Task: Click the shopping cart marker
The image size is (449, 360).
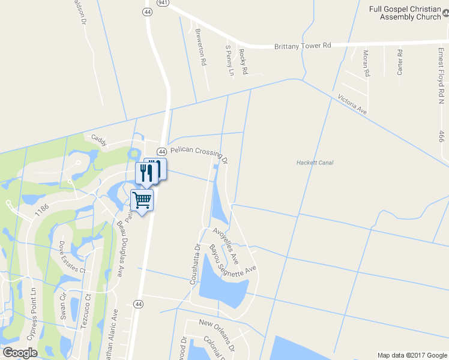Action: coord(142,200)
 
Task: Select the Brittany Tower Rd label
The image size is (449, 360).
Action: coord(303,46)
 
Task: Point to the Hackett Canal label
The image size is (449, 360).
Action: coord(315,163)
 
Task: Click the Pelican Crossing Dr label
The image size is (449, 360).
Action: coord(199,154)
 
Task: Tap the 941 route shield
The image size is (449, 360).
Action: coord(162,2)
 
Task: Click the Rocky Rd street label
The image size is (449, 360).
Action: coord(243,61)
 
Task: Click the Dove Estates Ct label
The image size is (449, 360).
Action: coord(72,257)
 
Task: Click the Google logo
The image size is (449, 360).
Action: coord(20,352)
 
